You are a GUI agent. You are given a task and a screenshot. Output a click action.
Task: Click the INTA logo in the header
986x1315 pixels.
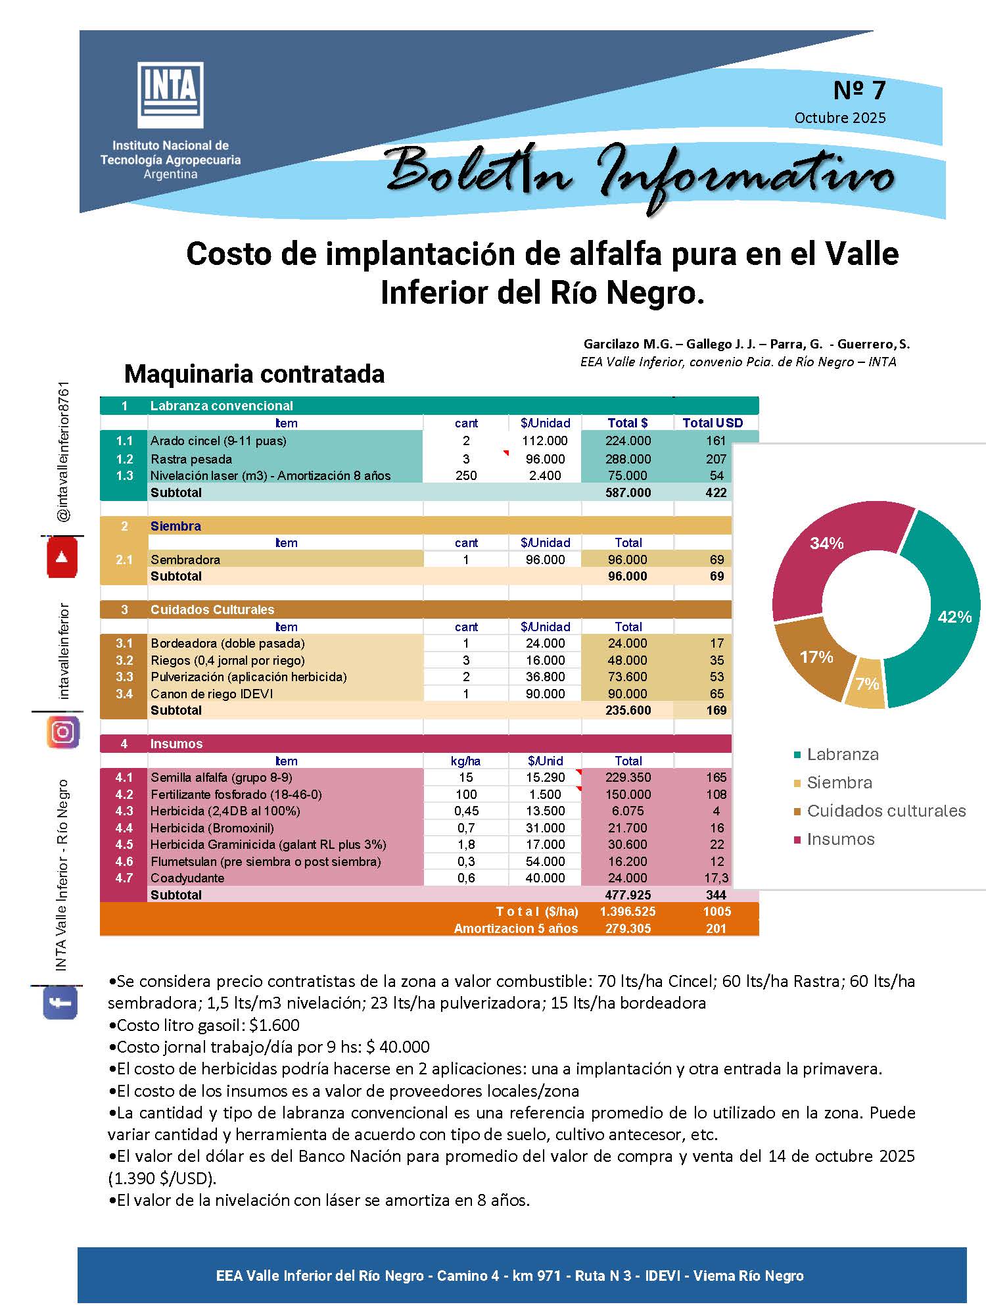pyautogui.click(x=170, y=95)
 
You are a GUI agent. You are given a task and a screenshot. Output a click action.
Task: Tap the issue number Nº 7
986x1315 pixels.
pyautogui.click(x=859, y=90)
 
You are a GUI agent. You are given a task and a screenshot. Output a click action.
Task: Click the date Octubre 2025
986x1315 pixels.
pyautogui.click(x=839, y=118)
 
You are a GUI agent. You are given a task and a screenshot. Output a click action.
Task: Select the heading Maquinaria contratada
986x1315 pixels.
pyautogui.click(x=254, y=374)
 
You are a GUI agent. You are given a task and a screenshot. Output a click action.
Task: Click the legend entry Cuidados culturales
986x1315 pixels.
pyautogui.click(x=885, y=811)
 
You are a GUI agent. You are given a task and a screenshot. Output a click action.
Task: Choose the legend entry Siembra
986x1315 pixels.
pyautogui.click(x=839, y=782)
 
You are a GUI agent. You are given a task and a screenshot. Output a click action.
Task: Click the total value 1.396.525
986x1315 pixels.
pyautogui.click(x=627, y=912)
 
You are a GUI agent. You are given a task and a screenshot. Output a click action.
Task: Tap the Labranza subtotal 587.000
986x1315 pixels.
pyautogui.click(x=628, y=492)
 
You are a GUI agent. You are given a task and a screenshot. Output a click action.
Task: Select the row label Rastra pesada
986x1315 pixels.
pyautogui.click(x=191, y=459)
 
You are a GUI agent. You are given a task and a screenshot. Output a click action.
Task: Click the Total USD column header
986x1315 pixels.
pyautogui.click(x=713, y=423)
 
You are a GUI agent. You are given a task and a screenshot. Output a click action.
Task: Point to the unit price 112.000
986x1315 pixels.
pyautogui.click(x=545, y=441)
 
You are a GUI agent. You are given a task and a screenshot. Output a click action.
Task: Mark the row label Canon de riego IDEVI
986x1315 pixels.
pyautogui.click(x=212, y=694)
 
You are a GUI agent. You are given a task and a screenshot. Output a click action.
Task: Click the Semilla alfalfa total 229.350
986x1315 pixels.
pyautogui.click(x=628, y=777)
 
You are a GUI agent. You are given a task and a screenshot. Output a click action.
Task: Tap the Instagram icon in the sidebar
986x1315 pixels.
pyautogui.click(x=63, y=732)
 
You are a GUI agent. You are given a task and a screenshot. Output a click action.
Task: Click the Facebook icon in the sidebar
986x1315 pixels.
pyautogui.click(x=60, y=1003)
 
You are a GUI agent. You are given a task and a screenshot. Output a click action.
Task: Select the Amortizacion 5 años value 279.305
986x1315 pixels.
pyautogui.click(x=628, y=928)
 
